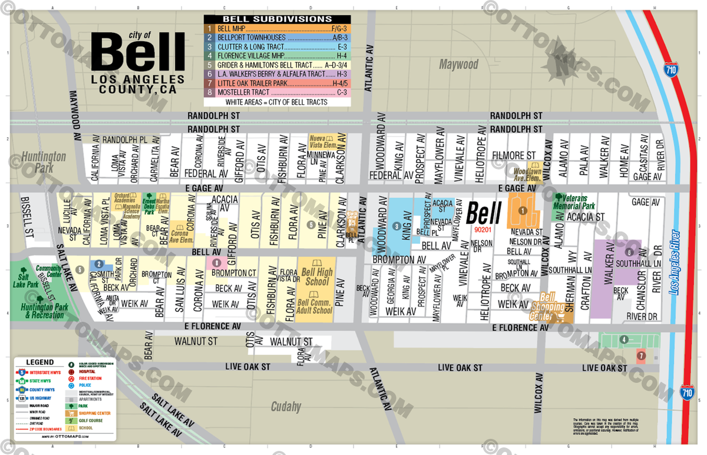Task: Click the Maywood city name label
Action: coord(458,64)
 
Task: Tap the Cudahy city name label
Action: coord(286,407)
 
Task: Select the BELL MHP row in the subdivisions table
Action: coord(277,28)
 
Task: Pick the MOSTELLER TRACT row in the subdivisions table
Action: coord(277,92)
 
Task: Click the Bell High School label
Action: coord(316,277)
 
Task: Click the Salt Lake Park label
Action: coord(25,280)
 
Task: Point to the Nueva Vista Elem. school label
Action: coord(324,142)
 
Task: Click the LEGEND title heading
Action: coord(40,363)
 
